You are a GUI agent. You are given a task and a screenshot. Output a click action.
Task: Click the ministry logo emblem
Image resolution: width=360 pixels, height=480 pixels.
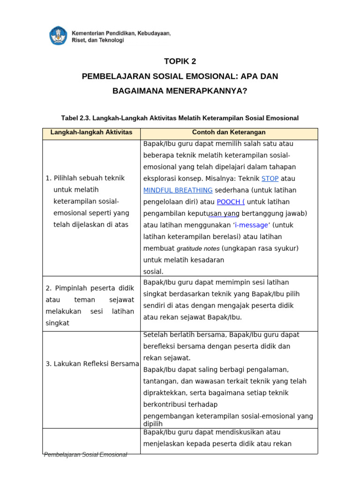click(59, 36)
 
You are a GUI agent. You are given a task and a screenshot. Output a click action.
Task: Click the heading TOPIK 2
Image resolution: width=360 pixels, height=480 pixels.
click(180, 61)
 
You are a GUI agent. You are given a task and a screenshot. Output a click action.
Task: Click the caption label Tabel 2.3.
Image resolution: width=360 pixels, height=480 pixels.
click(75, 118)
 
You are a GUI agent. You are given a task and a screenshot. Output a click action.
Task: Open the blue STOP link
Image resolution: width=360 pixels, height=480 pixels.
click(270, 179)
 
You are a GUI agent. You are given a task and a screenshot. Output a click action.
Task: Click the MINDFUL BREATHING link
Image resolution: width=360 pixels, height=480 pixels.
click(178, 190)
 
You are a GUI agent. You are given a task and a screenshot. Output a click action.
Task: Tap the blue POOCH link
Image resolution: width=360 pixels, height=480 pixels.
click(230, 202)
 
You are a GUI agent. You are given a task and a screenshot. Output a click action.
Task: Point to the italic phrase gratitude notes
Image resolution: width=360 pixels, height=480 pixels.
click(198, 248)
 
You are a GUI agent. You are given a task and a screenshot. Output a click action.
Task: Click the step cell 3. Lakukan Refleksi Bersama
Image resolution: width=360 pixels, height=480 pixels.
click(92, 364)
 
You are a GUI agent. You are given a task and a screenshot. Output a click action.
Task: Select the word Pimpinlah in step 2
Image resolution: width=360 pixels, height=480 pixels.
click(69, 288)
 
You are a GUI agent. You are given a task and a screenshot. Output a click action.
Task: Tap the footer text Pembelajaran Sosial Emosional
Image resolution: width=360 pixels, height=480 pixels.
click(85, 455)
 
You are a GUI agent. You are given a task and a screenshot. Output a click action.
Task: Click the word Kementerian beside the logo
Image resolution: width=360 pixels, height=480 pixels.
click(90, 33)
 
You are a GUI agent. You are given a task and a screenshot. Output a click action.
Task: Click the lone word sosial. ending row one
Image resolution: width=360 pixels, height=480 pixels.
click(153, 271)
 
